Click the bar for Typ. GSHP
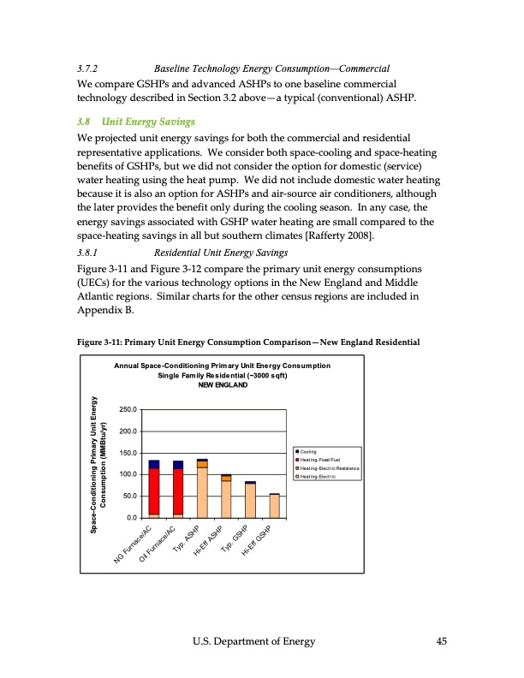(x=250, y=501)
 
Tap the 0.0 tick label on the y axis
(x=130, y=517)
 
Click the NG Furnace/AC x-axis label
(x=136, y=547)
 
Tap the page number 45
(x=442, y=644)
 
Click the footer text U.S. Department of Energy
(x=262, y=644)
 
